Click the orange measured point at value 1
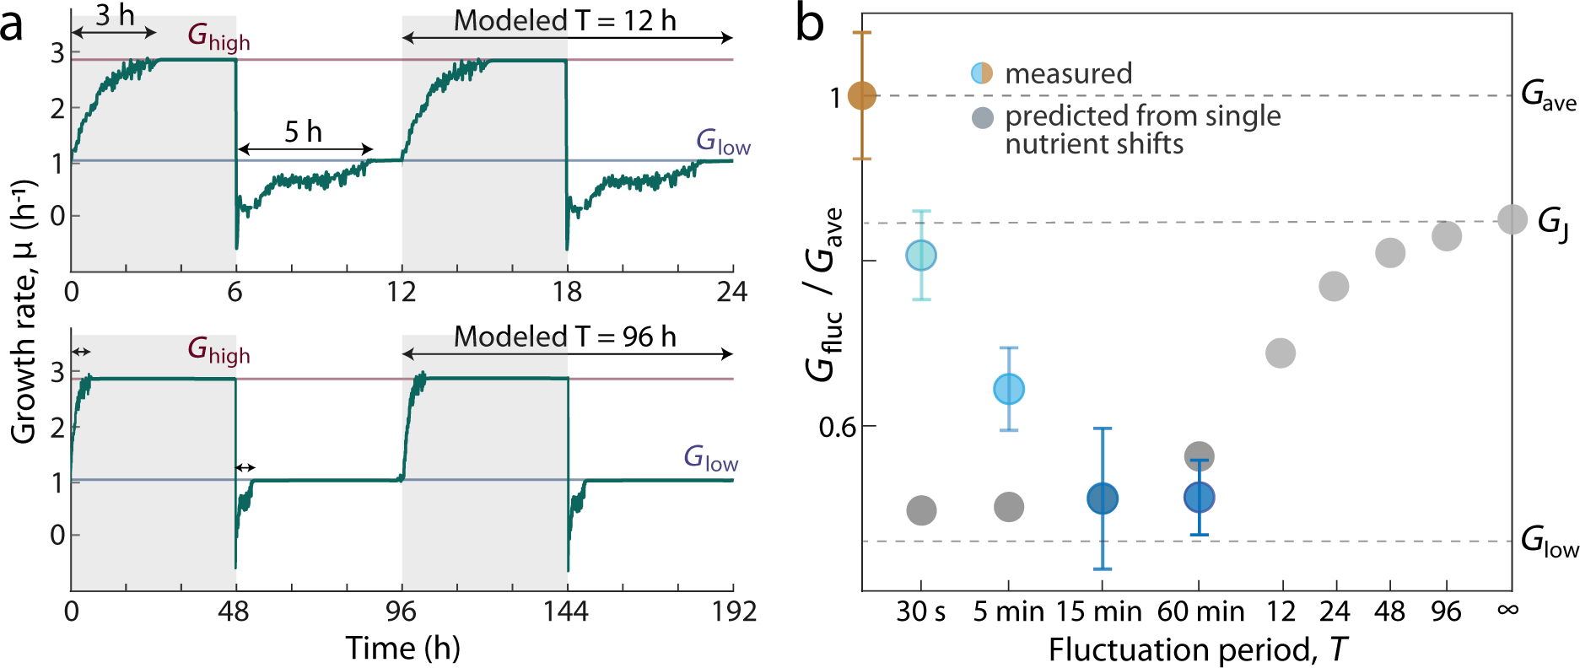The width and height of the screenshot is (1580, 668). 861,96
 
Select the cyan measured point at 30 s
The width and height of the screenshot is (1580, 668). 921,255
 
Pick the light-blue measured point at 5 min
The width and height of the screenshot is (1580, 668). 1009,389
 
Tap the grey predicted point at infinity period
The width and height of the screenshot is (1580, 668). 1512,219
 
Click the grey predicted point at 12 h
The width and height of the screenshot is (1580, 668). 1281,353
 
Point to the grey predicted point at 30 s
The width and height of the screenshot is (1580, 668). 921,509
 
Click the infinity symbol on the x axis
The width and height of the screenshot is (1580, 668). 1507,608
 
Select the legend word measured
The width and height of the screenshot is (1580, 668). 1068,73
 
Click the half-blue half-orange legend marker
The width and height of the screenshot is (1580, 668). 982,73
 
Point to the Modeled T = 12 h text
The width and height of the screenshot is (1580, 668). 564,20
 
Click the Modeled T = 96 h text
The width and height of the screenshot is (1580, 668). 564,337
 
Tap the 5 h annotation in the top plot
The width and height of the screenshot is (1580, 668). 303,132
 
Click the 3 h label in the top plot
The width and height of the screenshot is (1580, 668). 114,15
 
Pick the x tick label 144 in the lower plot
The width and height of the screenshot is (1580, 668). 565,611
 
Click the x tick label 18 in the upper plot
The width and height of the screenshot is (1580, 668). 567,292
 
